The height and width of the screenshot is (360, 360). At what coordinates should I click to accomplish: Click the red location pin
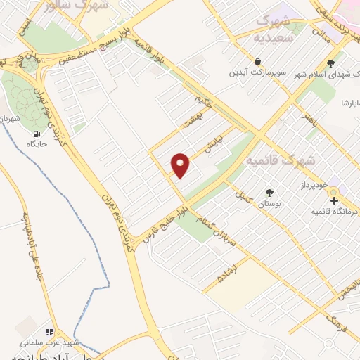point(181,165)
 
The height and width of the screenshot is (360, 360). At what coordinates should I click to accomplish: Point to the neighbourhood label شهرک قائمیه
point(279,160)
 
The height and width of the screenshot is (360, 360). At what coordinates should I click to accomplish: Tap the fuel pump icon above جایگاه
point(36,131)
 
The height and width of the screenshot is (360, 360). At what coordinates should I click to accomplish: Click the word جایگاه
point(36,143)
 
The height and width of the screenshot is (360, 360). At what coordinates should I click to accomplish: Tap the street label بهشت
point(190,120)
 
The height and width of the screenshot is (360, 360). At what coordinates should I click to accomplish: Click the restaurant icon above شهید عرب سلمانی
point(49,331)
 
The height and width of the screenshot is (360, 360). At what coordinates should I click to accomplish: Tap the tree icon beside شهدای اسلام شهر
point(330,64)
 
